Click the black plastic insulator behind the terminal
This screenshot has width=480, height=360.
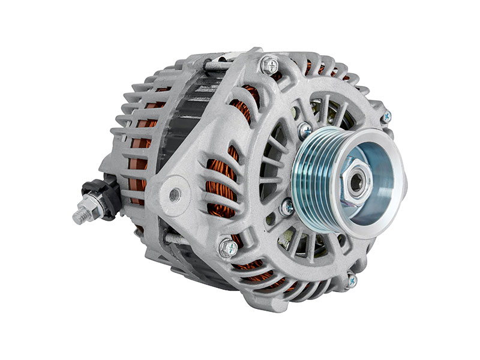[110, 192]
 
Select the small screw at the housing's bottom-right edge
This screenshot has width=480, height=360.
[352, 280]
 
